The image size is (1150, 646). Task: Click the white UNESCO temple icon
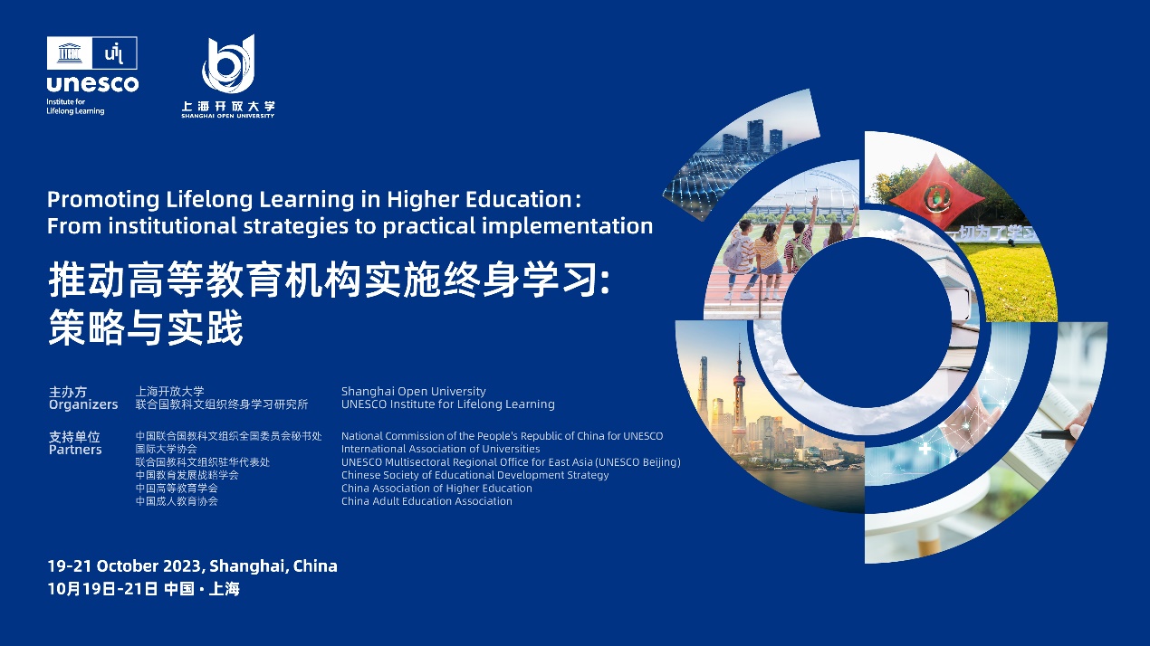(70, 52)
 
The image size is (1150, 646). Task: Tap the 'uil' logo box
(114, 52)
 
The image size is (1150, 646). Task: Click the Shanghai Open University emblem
(228, 63)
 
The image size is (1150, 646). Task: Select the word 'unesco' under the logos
(92, 83)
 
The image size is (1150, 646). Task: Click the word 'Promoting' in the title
(103, 200)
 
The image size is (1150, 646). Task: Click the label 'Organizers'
(83, 404)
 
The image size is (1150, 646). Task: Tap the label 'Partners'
(75, 450)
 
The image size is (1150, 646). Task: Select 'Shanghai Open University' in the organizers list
(413, 392)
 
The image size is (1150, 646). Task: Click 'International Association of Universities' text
(440, 449)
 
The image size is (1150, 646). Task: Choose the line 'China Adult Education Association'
(426, 501)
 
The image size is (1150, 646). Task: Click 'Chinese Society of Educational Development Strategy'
(474, 475)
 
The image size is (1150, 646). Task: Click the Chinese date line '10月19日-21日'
(102, 588)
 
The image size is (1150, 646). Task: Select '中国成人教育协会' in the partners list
(177, 501)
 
